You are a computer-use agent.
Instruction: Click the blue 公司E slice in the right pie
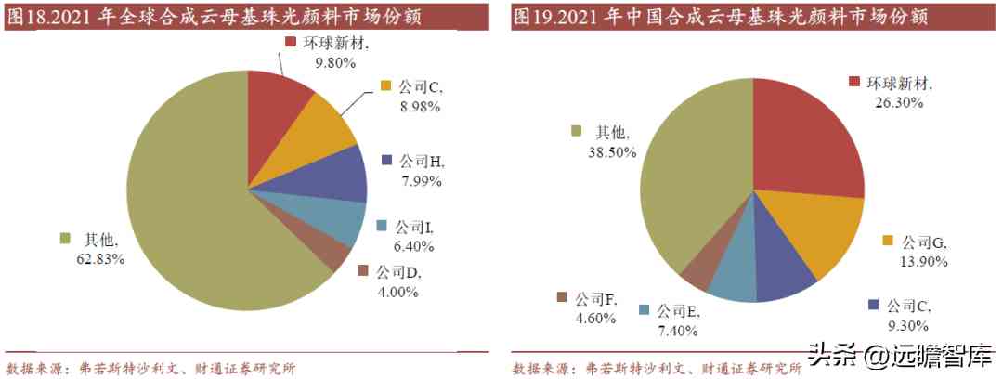(x=735, y=278)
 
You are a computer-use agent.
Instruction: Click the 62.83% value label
(x=100, y=258)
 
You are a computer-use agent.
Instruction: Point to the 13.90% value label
(x=923, y=262)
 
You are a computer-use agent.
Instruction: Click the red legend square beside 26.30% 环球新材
(x=855, y=83)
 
